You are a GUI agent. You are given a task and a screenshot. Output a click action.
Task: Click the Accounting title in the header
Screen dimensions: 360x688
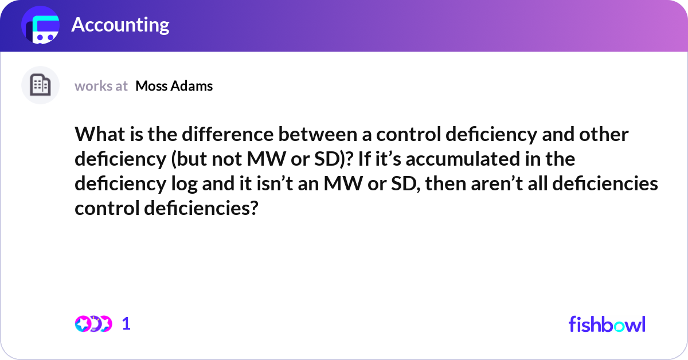coord(120,25)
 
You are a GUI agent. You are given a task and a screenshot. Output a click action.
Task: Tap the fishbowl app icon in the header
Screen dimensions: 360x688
coord(41,25)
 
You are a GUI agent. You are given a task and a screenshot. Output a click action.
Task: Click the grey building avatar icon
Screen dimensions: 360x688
coord(40,85)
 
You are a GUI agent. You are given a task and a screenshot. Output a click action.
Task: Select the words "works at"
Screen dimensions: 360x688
coord(101,86)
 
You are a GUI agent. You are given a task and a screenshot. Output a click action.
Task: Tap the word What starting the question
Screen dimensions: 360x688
coord(97,135)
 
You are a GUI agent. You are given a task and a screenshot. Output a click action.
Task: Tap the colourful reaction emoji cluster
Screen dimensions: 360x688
coord(93,324)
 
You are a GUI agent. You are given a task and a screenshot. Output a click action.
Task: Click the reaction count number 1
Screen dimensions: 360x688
coord(126,324)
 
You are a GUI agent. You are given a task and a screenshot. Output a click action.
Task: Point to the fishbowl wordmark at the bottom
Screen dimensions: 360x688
coord(607,324)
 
